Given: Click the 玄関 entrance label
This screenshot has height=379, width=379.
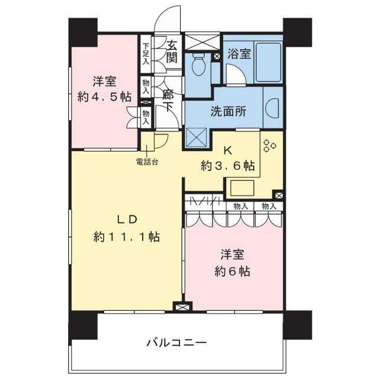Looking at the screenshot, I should click(172, 52).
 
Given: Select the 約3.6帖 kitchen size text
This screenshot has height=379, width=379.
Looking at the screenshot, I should click(228, 166).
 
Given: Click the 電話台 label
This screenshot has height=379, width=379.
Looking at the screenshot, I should click(147, 162).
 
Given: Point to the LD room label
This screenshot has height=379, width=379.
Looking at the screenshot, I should click(126, 219).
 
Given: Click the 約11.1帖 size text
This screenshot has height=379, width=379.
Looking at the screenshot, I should click(126, 237).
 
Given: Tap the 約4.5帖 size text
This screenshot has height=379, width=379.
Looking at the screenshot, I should click(105, 97).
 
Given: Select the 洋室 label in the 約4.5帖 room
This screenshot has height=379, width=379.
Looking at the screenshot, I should click(105, 82).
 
